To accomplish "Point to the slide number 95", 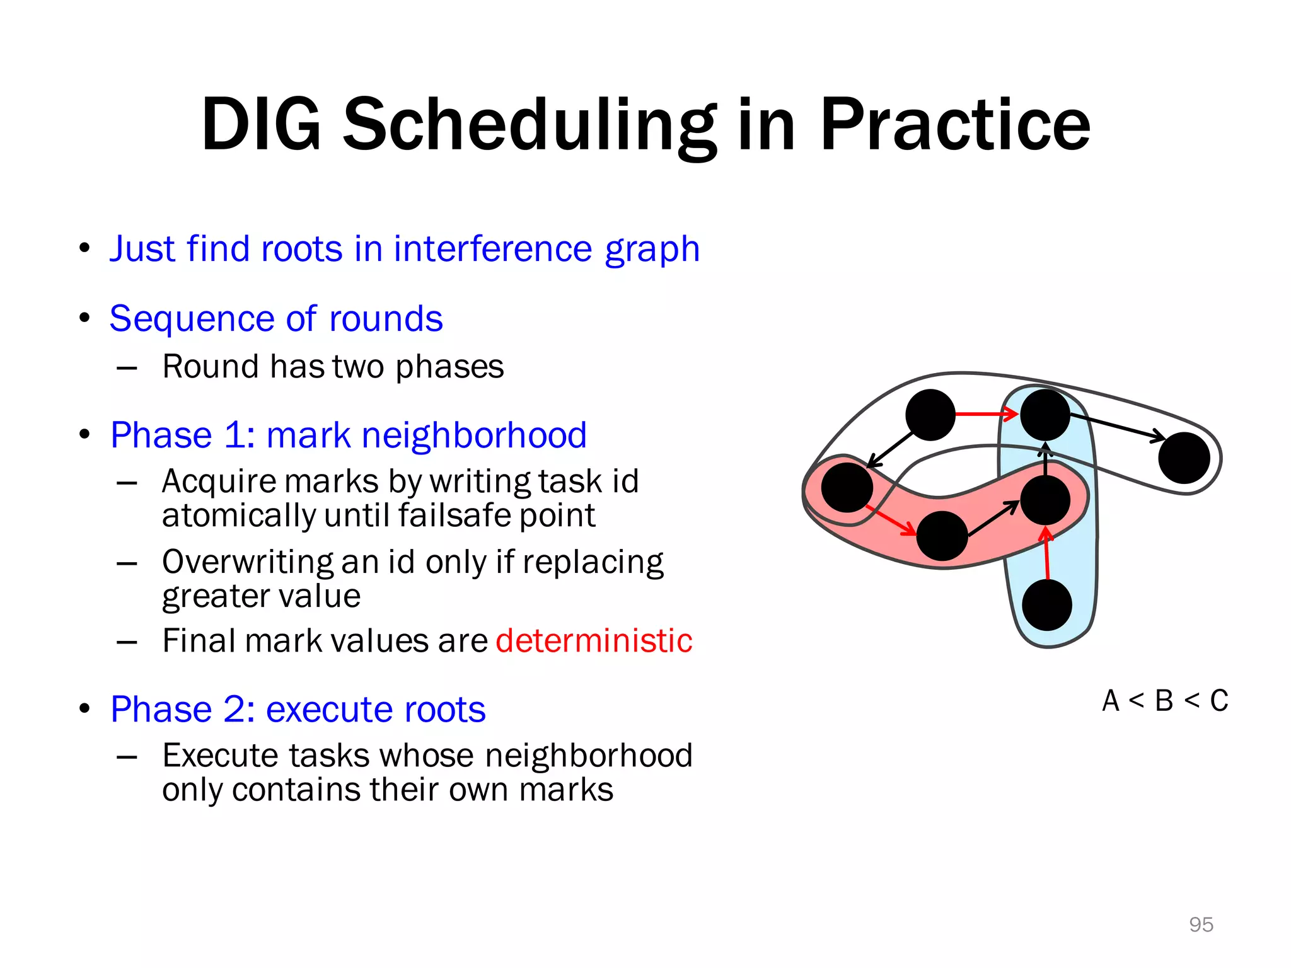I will (x=1201, y=925).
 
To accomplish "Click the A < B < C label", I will (x=1165, y=701).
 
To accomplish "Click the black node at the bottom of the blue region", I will (x=1047, y=606).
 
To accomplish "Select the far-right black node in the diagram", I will (x=1184, y=458).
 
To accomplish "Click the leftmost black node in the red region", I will (x=847, y=487).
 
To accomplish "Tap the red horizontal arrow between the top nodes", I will (x=986, y=414).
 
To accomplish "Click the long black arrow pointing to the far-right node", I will (x=1116, y=427).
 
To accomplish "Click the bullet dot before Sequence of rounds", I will (x=85, y=318).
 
